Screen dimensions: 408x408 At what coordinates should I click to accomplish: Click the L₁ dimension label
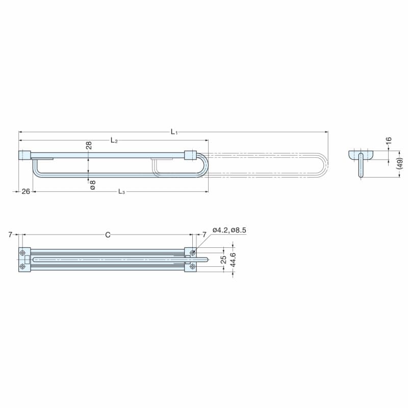click(x=174, y=132)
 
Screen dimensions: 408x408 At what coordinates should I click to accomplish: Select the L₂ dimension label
click(x=114, y=141)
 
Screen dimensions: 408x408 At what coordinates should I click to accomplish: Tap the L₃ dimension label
click(x=121, y=192)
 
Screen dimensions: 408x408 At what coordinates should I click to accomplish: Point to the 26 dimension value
click(x=25, y=192)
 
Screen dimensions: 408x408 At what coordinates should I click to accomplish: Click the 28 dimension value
click(x=89, y=145)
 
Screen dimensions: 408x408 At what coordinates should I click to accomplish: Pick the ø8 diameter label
click(x=92, y=185)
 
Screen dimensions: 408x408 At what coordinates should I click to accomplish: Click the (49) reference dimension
click(x=400, y=163)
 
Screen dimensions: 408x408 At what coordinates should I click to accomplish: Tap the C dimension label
click(x=108, y=235)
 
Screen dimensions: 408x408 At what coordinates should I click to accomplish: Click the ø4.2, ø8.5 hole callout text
click(x=229, y=230)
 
